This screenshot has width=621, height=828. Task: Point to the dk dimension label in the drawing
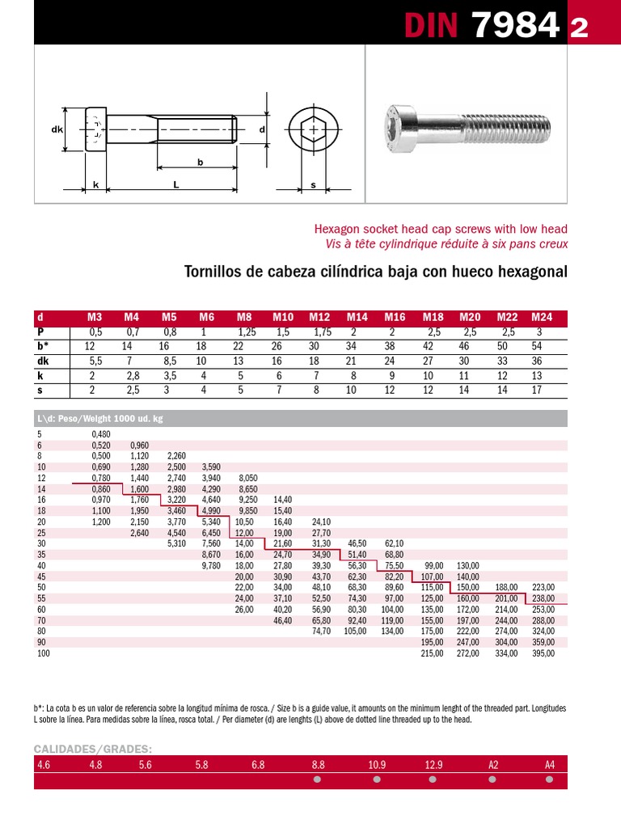pos(57,129)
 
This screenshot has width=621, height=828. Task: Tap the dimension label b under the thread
pos(199,163)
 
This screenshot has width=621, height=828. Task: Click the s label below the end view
pos(313,185)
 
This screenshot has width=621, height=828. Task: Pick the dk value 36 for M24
pos(537,361)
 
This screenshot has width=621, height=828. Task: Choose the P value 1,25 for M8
pos(246,332)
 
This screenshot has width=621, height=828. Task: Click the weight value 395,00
pos(543,653)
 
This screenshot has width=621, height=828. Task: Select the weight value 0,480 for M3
pos(100,434)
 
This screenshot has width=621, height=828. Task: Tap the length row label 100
pos(44,653)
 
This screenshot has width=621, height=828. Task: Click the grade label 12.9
pos(433,764)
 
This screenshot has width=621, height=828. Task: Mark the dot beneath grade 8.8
pos(317,780)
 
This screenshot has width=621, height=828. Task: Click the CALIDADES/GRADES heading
pos(93,749)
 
